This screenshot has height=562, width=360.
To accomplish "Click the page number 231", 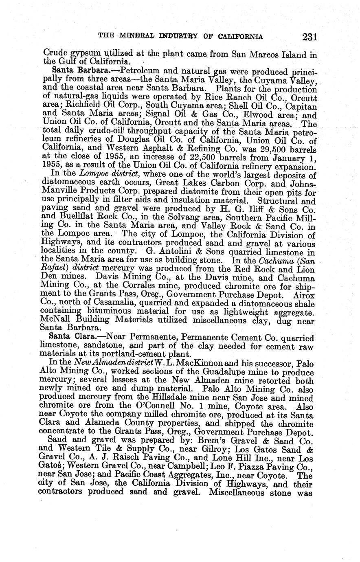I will click(310, 37).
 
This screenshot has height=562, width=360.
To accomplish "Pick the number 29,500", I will click(265, 149).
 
